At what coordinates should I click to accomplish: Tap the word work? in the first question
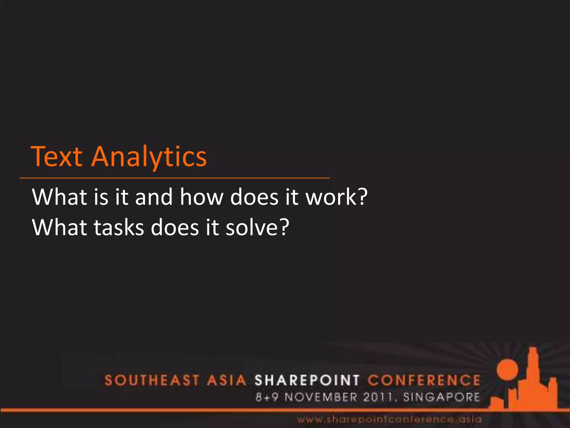(336, 197)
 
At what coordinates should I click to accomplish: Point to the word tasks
(119, 228)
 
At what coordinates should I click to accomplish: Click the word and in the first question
(154, 197)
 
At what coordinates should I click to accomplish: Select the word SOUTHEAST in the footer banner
(152, 381)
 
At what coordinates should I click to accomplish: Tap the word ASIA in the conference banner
(226, 381)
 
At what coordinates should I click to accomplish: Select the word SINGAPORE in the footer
(441, 397)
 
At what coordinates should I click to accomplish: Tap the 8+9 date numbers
(267, 397)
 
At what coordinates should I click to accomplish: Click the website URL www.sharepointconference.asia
(389, 419)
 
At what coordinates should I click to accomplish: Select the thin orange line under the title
(175, 178)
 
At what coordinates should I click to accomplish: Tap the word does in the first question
(254, 197)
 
